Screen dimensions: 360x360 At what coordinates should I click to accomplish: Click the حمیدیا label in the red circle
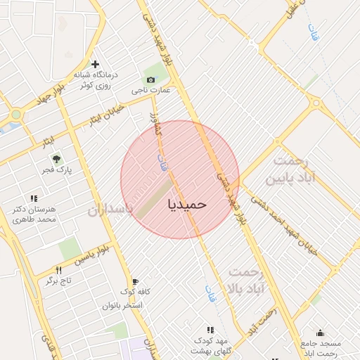tap(188, 203)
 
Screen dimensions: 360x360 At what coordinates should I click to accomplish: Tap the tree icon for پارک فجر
tap(57, 160)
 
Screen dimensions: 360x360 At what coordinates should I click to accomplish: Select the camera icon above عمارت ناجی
tap(150, 79)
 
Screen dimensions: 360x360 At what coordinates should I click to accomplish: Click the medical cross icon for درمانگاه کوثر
tap(95, 64)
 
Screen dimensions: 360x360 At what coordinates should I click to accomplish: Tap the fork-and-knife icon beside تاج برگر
tap(58, 270)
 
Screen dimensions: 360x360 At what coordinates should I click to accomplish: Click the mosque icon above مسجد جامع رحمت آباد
tap(321, 333)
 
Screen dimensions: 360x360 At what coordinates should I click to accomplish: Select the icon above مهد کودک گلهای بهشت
tap(210, 329)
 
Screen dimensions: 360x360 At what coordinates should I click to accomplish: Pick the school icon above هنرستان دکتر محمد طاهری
tap(33, 199)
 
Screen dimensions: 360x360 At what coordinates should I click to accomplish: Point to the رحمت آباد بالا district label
tap(245, 280)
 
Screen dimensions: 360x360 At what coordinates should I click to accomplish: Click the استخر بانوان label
tap(122, 305)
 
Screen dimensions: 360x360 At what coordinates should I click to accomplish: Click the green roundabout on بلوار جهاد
tap(15, 114)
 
